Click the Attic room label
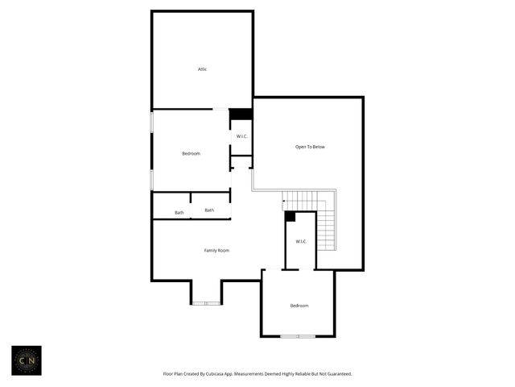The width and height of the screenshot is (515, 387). click(203, 69)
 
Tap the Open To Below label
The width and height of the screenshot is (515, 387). click(310, 147)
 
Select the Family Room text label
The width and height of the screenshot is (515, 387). click(216, 251)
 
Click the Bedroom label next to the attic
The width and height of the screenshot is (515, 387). click(191, 153)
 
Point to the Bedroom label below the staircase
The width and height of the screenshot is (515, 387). click(299, 306)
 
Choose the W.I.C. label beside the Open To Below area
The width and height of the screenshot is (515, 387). click(241, 136)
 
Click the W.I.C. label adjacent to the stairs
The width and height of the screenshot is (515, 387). click(301, 242)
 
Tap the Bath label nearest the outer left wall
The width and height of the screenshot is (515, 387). click(179, 213)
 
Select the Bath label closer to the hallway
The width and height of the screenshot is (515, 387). click(209, 210)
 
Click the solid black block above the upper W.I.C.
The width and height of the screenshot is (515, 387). click(241, 114)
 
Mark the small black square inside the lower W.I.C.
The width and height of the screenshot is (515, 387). click(290, 216)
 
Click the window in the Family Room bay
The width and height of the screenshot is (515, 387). click(207, 303)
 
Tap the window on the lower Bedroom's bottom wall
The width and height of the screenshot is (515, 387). click(298, 335)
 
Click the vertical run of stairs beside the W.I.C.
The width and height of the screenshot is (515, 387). click(326, 229)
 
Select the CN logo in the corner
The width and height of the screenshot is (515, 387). click(27, 361)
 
